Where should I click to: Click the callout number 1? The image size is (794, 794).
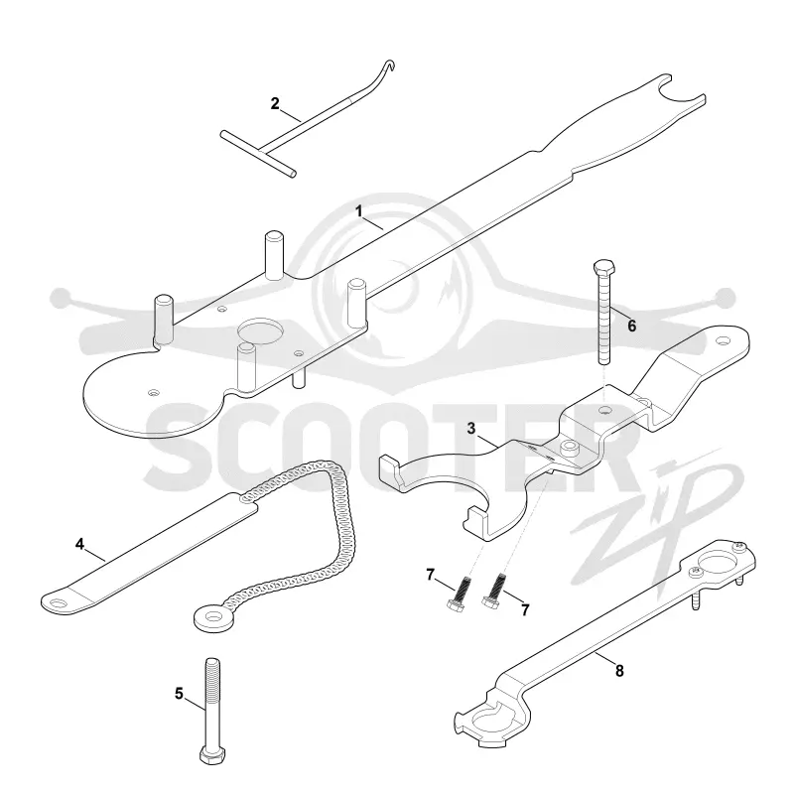point(359,211)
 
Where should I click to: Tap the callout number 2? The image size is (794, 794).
point(275,104)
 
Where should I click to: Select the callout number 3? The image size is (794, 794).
point(471,429)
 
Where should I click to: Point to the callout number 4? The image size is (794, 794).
point(79,544)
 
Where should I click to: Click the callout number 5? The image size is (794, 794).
point(179,693)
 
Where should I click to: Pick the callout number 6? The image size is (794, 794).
point(631,326)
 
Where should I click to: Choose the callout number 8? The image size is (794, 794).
point(619,671)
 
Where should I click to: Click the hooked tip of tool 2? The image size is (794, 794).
point(389,65)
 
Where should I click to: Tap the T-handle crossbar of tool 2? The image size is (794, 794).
point(258,154)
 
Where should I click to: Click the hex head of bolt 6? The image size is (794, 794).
point(603,267)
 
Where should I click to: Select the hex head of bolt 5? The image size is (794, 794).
point(212,755)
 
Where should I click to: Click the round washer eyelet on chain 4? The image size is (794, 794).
point(214,618)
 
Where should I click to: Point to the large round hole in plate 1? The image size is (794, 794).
point(260,333)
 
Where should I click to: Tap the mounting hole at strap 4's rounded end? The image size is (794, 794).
point(59,602)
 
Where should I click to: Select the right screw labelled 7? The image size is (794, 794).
point(493,590)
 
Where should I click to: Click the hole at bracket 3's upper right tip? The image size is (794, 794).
point(723,342)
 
